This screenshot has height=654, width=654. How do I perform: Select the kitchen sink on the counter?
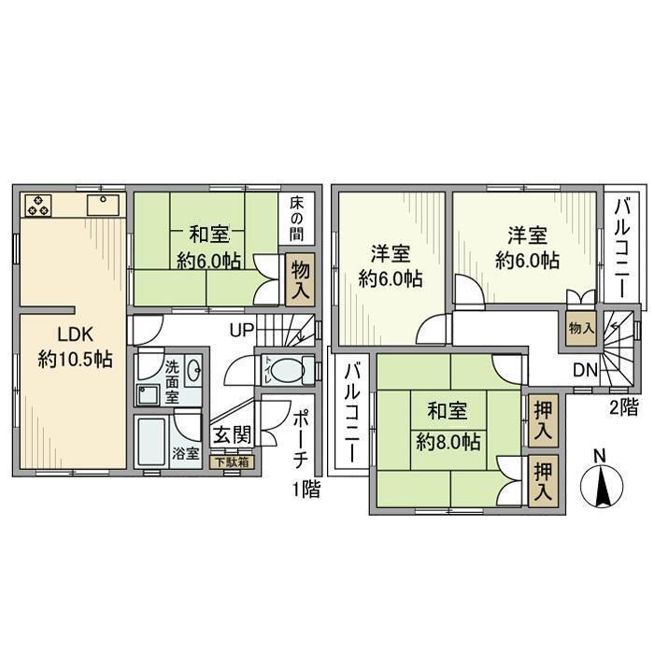tap(100, 205)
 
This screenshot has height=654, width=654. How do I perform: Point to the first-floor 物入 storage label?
tap(300, 279)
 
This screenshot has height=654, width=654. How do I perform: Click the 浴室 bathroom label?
tap(185, 454)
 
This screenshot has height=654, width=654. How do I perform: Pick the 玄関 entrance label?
tap(230, 435)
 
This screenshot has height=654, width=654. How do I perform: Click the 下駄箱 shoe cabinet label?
tap(230, 461)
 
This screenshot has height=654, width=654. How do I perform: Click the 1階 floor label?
tap(305, 489)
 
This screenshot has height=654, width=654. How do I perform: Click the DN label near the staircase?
tap(585, 371)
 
